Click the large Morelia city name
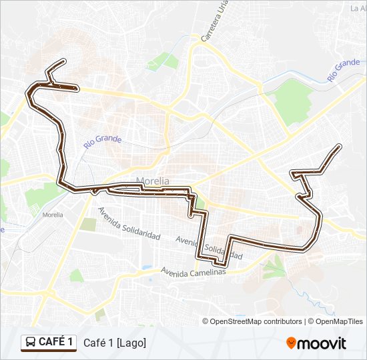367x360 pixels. [153, 181]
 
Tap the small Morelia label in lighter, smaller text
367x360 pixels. [52, 215]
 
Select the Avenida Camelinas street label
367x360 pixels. [194, 271]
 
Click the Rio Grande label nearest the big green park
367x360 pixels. [344, 70]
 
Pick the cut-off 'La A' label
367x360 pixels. [358, 8]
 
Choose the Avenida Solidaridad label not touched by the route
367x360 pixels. [129, 223]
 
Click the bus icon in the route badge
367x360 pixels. [31, 343]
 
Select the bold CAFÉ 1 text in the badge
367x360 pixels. [56, 342]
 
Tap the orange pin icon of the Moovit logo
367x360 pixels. [291, 343]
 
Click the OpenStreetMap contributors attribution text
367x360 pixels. [257, 321]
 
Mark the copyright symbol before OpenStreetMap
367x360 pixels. [206, 321]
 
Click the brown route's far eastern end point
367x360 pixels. [340, 146]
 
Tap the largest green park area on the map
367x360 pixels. [291, 101]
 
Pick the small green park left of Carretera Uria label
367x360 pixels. [171, 62]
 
